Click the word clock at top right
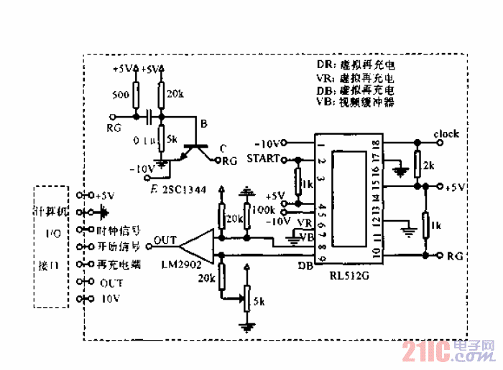(446, 133)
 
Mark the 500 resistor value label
(121, 95)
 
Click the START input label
(262, 158)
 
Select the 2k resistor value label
(429, 166)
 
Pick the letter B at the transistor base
(204, 124)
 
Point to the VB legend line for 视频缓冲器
(356, 103)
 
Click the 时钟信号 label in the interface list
(118, 230)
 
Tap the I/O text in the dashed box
(53, 233)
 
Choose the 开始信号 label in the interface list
(118, 247)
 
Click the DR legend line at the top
(356, 64)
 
